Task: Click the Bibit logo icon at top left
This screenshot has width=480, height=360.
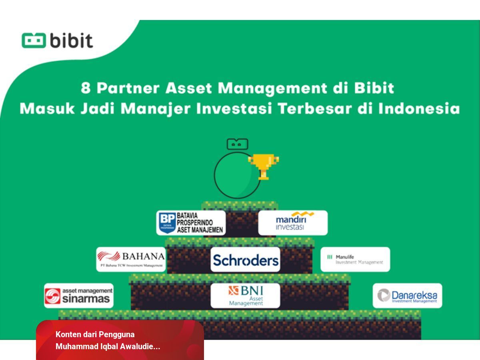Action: pyautogui.click(x=34, y=40)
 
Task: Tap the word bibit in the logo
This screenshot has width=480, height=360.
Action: pyautogui.click(x=71, y=40)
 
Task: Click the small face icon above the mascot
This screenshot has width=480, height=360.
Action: pyautogui.click(x=237, y=144)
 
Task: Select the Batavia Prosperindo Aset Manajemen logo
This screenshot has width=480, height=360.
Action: pyautogui.click(x=191, y=223)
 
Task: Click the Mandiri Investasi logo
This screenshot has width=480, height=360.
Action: pyautogui.click(x=293, y=223)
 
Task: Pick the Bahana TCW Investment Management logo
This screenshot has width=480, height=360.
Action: pyautogui.click(x=131, y=259)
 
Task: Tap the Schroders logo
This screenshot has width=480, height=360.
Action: pyautogui.click(x=245, y=260)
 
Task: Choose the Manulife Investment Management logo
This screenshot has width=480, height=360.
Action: pyautogui.click(x=355, y=259)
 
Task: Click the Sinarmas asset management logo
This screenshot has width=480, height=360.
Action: pyautogui.click(x=79, y=296)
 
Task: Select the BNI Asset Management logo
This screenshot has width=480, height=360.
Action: pyautogui.click(x=245, y=296)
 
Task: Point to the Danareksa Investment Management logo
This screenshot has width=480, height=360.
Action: pyautogui.click(x=407, y=296)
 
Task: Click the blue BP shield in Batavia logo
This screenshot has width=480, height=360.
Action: pyautogui.click(x=167, y=223)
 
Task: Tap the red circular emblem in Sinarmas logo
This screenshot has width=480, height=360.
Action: pyautogui.click(x=53, y=296)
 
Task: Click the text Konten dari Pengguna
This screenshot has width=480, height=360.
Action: pyautogui.click(x=95, y=334)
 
